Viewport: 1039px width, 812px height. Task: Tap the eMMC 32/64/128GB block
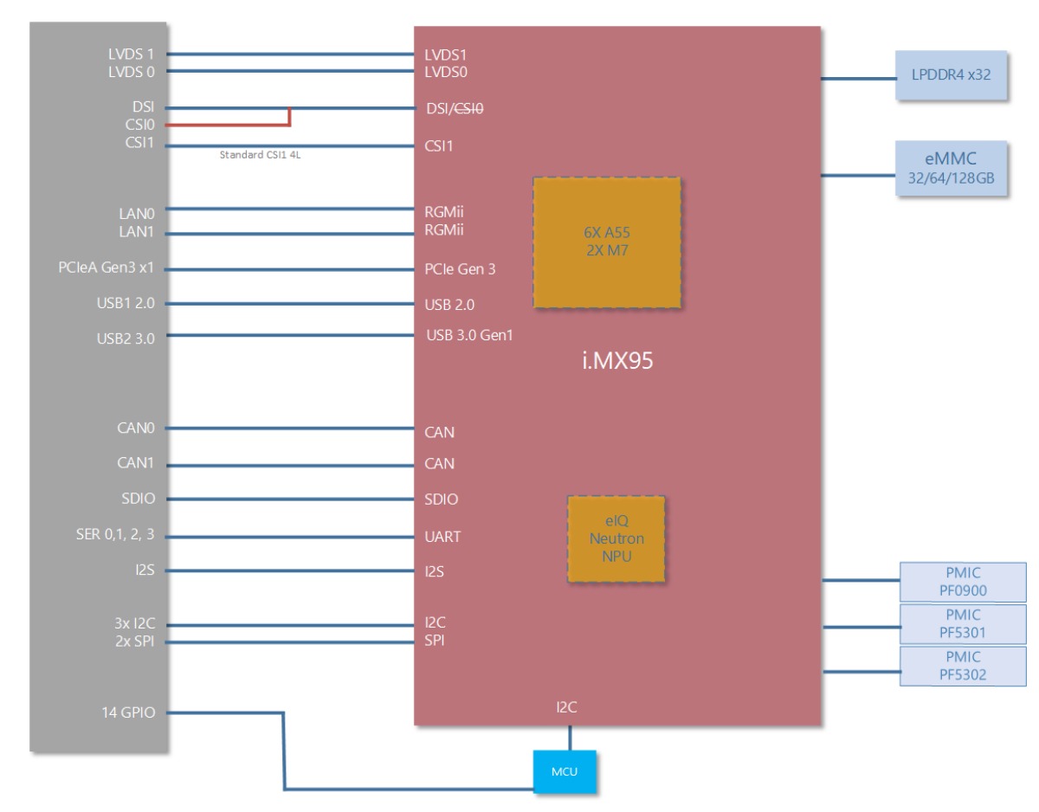952,169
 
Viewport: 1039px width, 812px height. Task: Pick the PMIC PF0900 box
963,581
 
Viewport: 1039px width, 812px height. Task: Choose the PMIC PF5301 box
963,623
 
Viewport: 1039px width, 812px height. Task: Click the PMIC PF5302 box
963,666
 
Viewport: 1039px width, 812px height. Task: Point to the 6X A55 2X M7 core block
606,242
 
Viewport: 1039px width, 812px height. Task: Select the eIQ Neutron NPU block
616,538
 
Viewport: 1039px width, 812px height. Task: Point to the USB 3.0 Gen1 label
469,335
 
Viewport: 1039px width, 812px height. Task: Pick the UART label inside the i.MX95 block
442,537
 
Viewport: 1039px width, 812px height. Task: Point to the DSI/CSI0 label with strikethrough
455,109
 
